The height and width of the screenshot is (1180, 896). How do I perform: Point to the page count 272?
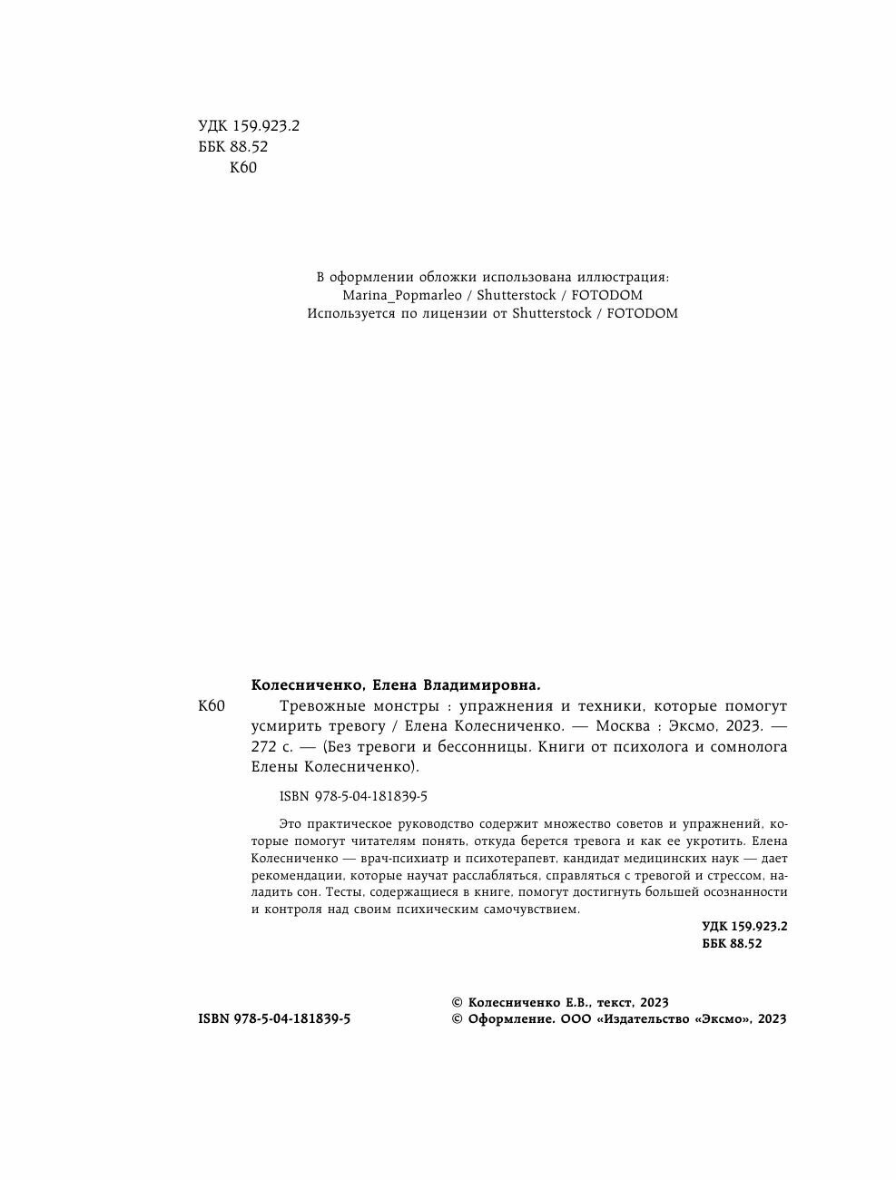(x=264, y=747)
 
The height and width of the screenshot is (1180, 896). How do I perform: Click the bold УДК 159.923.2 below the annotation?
(x=744, y=927)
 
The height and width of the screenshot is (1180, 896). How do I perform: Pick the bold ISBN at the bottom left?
(x=213, y=1018)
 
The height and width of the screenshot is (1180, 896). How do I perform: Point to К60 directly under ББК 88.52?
(x=243, y=167)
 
